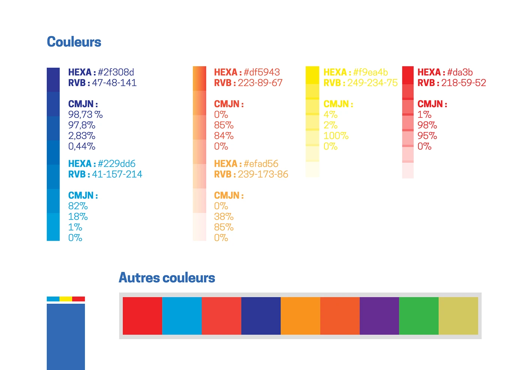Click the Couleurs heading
pyautogui.click(x=74, y=42)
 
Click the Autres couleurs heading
pyautogui.click(x=167, y=278)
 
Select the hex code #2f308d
pyautogui.click(x=116, y=72)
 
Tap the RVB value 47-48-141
pyautogui.click(x=114, y=83)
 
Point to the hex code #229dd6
pyautogui.click(x=117, y=163)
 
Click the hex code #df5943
pyautogui.click(x=262, y=72)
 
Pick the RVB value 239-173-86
pyautogui.click(x=263, y=174)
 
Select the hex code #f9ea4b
pyautogui.click(x=370, y=72)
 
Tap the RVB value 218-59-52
pyautogui.click(x=463, y=83)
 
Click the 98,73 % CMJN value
pyautogui.click(x=85, y=115)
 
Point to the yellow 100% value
pyautogui.click(x=336, y=136)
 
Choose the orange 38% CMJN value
pyautogui.click(x=223, y=217)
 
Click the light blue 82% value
pyautogui.click(x=78, y=206)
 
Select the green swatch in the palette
pyautogui.click(x=418, y=316)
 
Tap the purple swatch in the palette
pyautogui.click(x=379, y=316)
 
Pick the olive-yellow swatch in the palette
pyautogui.click(x=458, y=316)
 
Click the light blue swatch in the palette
pyautogui.click(x=182, y=316)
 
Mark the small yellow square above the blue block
pyautogui.click(x=66, y=299)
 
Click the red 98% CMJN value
pyautogui.click(x=427, y=125)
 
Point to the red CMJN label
pyautogui.click(x=432, y=104)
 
